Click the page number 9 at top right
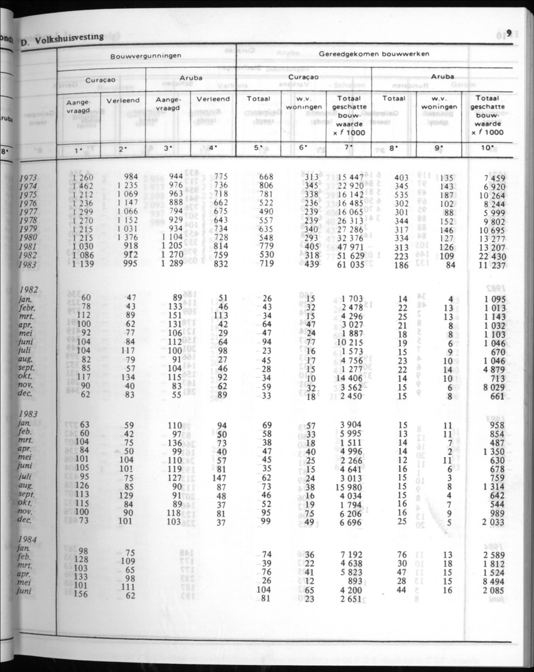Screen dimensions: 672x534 (509, 34)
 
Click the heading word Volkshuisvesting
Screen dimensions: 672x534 (69, 36)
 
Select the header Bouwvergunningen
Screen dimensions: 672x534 (146, 55)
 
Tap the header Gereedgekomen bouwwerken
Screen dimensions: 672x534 (374, 54)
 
